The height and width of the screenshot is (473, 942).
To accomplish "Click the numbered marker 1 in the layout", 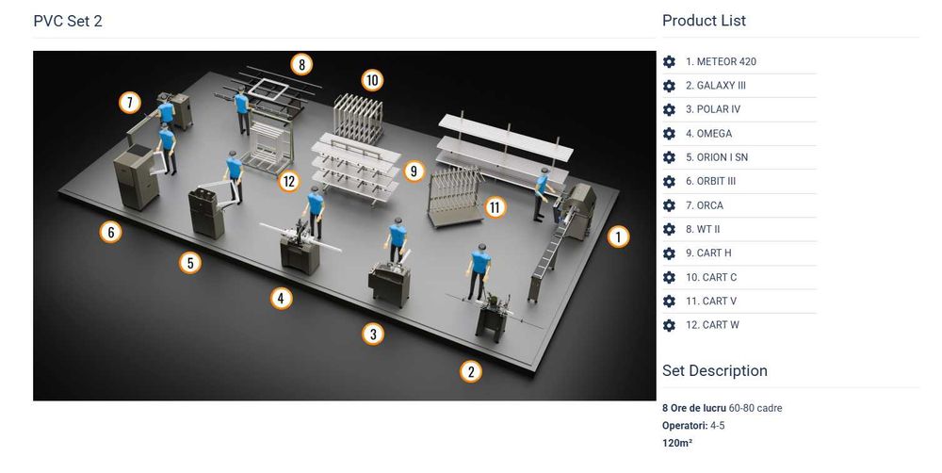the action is point(618,236).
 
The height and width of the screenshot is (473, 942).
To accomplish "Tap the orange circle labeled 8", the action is point(301,64).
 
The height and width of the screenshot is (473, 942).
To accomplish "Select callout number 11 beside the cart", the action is point(495,207).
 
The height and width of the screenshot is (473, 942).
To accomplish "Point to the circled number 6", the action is point(110,232).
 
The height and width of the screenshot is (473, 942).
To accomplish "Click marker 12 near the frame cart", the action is point(289,181).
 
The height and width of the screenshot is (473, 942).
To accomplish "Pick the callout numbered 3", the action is point(373,334).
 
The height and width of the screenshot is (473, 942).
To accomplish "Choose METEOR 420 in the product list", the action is point(721,61).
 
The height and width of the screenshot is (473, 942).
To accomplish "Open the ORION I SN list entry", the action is point(717,157).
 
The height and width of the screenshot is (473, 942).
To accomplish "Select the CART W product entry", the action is point(712,325).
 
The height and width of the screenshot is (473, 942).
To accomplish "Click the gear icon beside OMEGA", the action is point(669,134).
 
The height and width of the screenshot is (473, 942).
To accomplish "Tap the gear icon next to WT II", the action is point(669,229).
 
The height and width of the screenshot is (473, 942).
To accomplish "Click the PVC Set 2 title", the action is point(68,21).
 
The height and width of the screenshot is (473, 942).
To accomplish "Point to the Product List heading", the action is point(704,21).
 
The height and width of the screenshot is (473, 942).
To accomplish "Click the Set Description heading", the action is point(715,371).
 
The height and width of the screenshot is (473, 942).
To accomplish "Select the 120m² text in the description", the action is point(677,443).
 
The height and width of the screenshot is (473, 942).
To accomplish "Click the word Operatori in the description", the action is point(685,426).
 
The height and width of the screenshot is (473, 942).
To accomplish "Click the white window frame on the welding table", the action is point(269,90).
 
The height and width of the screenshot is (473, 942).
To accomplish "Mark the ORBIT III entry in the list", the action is point(710,182).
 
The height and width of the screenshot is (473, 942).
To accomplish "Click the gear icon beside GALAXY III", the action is point(669,86).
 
